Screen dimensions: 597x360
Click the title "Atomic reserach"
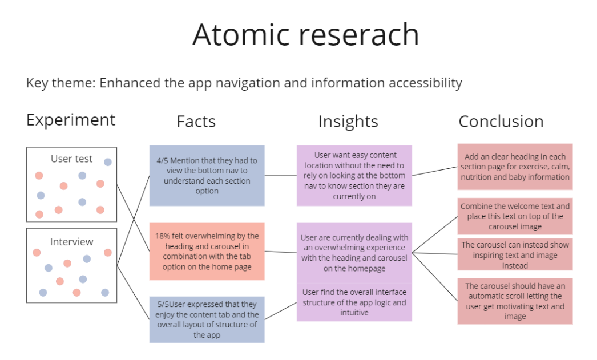pos(305,35)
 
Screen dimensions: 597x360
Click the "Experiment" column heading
pos(71,120)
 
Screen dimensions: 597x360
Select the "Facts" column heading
pos(196,122)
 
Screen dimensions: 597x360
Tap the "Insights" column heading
pos(348,122)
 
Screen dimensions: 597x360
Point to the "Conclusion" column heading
pos(501,122)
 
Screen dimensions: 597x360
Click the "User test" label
pos(71,159)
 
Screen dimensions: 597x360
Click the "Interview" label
pos(71,242)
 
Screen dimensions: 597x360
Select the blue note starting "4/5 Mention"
pos(207,175)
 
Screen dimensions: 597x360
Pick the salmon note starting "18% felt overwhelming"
pos(207,251)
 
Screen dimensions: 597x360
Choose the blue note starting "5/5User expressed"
pos(207,319)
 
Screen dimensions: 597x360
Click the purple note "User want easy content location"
pos(354,175)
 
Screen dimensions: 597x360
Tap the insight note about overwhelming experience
pos(354,253)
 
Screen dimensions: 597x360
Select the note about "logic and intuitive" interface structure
pos(354,302)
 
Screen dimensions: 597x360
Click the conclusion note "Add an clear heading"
pos(515,167)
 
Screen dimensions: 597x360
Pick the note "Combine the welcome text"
pos(515,216)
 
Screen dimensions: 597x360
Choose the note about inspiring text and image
pos(515,254)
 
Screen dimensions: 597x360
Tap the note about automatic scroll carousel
pos(515,301)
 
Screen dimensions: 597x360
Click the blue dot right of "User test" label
pos(108,162)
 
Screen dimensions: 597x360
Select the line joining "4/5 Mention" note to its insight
pos(281,175)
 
